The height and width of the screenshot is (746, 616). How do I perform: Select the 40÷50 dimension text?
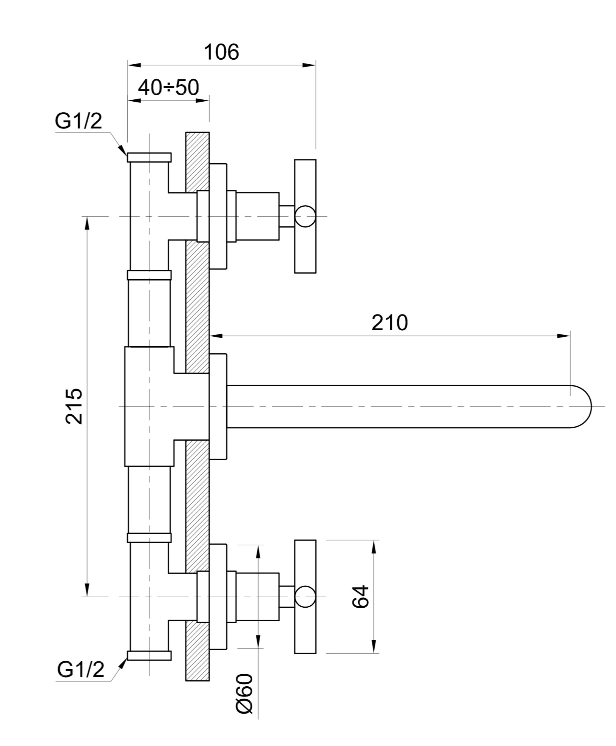click(x=168, y=88)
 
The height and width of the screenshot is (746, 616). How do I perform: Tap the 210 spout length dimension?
click(x=390, y=323)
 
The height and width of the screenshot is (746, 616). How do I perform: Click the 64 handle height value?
click(x=360, y=596)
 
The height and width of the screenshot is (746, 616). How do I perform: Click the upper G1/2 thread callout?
click(x=79, y=121)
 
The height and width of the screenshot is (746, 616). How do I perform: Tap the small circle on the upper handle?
click(x=305, y=216)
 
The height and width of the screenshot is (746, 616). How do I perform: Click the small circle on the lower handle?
click(x=305, y=597)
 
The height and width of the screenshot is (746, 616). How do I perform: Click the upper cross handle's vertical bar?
click(x=305, y=216)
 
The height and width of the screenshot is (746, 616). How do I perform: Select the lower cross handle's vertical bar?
click(x=305, y=597)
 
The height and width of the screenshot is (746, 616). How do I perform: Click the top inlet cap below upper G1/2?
click(x=149, y=157)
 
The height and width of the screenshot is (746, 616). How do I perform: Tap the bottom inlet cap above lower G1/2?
click(x=149, y=656)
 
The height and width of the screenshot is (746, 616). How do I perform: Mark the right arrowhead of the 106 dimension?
click(x=309, y=65)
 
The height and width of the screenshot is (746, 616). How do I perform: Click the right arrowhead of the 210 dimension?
click(x=564, y=336)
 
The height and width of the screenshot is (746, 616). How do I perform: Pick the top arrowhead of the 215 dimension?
click(x=87, y=223)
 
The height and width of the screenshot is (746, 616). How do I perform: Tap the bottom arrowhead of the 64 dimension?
click(x=374, y=647)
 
